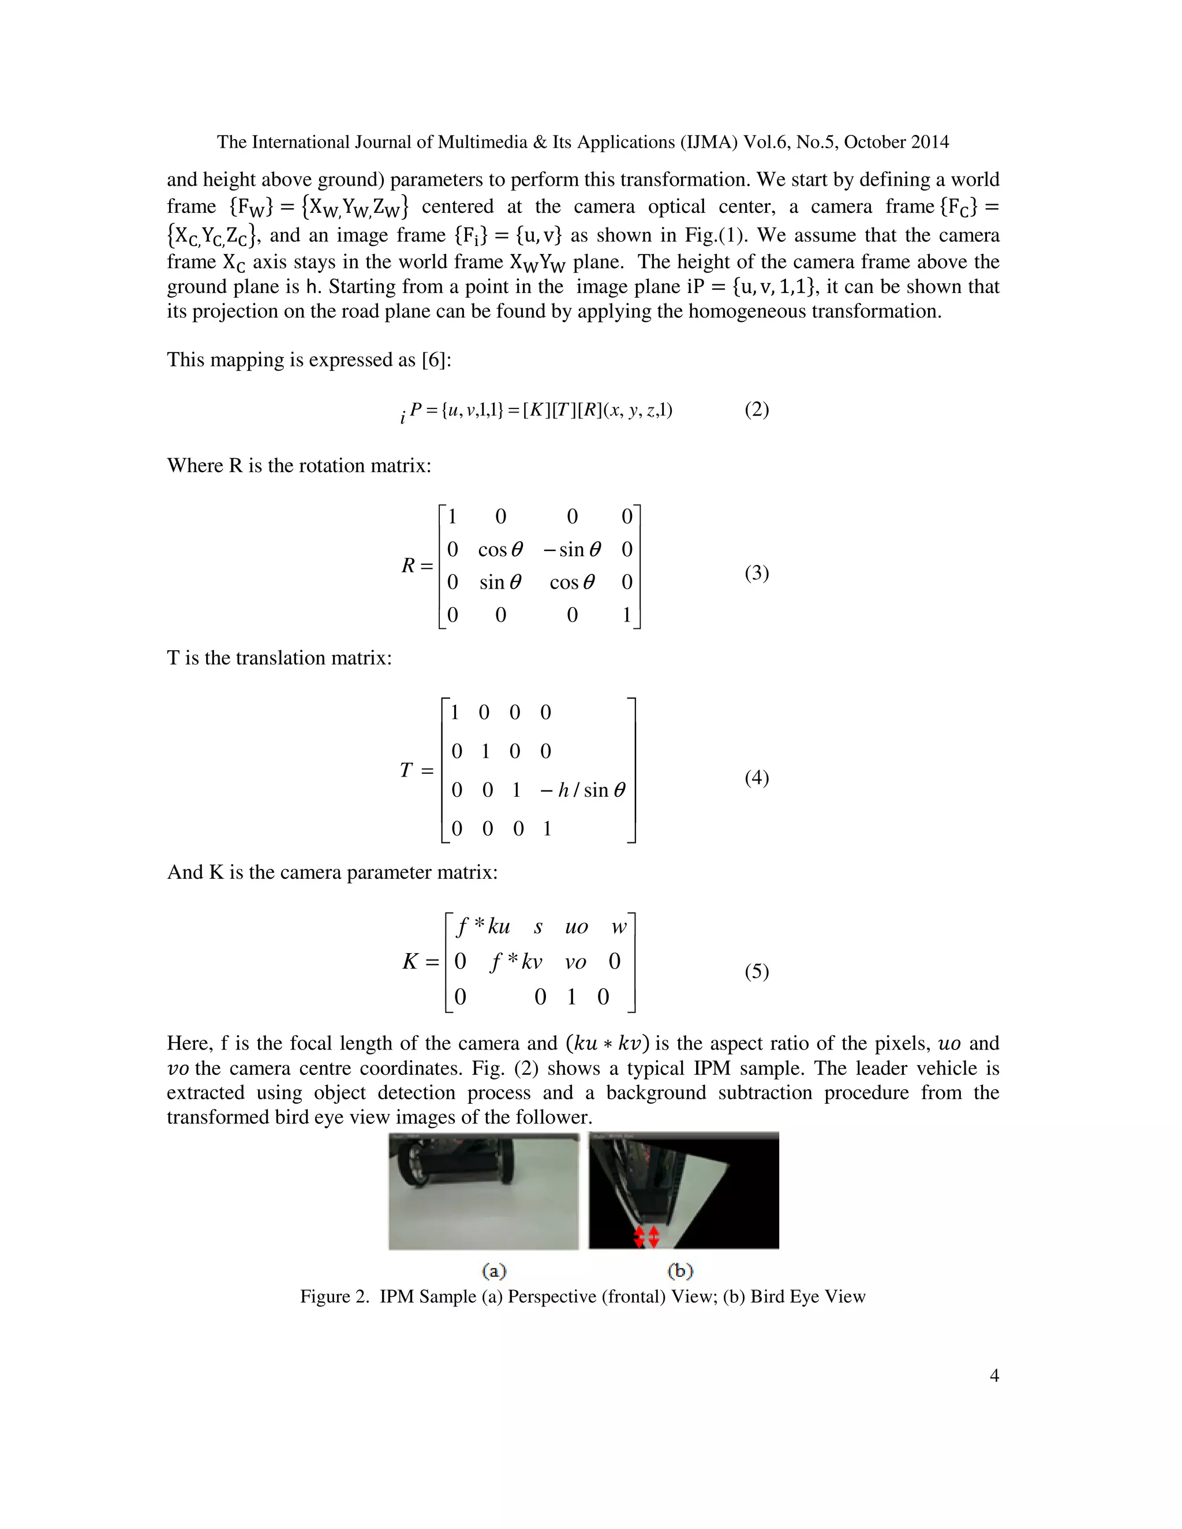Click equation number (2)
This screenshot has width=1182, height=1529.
click(x=756, y=410)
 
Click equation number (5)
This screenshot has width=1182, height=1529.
click(x=756, y=972)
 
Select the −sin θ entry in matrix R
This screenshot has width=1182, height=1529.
click(x=571, y=549)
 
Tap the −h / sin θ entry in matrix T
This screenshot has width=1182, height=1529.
click(x=582, y=790)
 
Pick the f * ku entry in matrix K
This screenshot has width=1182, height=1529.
click(x=483, y=927)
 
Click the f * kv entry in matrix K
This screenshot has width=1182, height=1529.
click(x=516, y=962)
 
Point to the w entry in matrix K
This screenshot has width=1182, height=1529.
click(x=618, y=928)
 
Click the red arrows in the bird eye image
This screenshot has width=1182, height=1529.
click(x=646, y=1236)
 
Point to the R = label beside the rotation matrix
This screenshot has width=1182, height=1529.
click(x=417, y=565)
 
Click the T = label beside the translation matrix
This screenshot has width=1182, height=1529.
click(x=417, y=771)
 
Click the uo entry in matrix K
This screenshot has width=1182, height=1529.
click(x=577, y=928)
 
